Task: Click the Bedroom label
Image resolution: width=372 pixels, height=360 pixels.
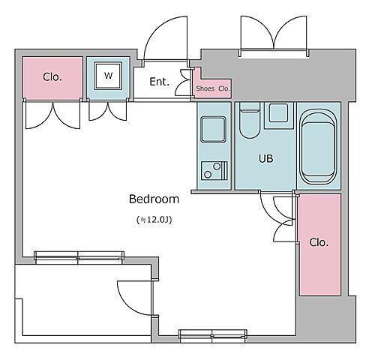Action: [154, 199]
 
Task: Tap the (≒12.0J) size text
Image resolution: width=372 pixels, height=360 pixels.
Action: [154, 220]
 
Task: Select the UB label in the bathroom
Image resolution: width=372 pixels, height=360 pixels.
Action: [265, 158]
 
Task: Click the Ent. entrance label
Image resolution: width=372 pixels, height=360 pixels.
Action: [159, 82]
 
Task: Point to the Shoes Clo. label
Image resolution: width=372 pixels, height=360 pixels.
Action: [213, 88]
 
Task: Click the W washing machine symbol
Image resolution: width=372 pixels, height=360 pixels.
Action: [108, 76]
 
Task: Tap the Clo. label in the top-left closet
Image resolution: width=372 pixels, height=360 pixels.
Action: [52, 77]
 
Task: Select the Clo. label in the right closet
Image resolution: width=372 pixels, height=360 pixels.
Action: [319, 242]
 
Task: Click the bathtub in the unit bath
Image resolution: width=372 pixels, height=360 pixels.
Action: [318, 147]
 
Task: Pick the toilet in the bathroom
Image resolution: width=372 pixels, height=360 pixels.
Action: [250, 120]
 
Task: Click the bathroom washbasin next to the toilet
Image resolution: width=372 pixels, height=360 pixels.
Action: [278, 113]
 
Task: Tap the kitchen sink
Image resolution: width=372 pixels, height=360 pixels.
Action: [214, 130]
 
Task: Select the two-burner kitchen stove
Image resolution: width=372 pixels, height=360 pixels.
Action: [214, 170]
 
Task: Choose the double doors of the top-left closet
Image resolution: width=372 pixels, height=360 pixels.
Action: [52, 115]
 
